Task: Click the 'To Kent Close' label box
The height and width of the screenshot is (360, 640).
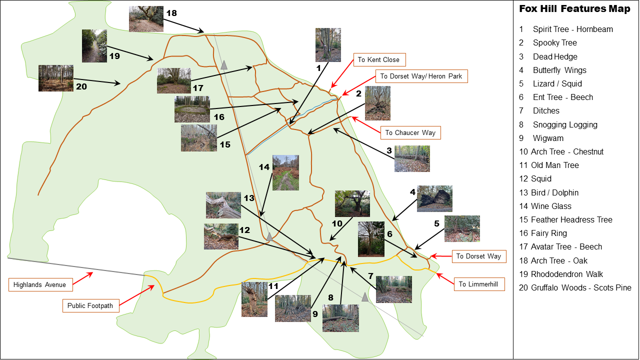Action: pos(378,59)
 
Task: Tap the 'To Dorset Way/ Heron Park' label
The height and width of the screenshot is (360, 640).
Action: pos(421,76)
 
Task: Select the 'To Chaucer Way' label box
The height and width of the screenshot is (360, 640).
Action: pos(410,132)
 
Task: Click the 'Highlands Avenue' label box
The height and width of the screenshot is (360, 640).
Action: pos(39,285)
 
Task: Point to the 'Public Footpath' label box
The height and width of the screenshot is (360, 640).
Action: pos(90,305)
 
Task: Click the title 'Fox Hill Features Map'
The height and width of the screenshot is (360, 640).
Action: pos(574,9)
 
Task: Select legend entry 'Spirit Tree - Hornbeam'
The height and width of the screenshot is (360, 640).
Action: pos(572,29)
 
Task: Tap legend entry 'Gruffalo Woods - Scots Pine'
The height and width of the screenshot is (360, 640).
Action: pos(581,287)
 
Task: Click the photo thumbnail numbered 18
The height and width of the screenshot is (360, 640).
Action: pos(146,19)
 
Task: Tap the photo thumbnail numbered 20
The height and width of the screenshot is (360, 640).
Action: pos(56,78)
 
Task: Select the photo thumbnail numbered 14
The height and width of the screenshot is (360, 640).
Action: pos(285,172)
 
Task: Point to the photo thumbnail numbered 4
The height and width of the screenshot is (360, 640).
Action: pos(434,198)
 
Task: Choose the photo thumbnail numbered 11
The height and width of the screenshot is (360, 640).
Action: pos(254,299)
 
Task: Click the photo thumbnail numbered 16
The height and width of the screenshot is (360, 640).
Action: pos(192,109)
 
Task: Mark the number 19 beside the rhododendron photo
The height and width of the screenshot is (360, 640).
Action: pos(114,56)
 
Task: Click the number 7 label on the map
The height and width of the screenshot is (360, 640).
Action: pos(370,275)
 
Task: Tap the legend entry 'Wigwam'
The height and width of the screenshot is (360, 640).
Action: pos(548,138)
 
